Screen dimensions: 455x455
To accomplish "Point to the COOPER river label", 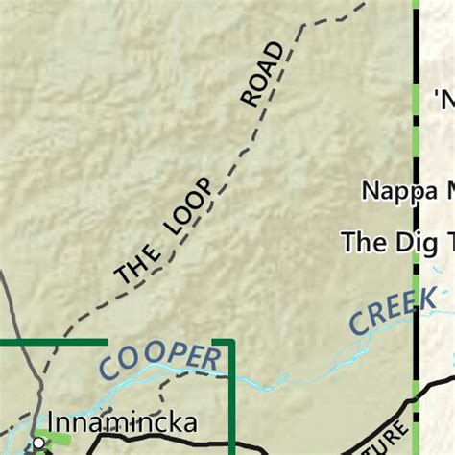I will [158, 358].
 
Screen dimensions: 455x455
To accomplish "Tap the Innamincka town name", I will [122, 423].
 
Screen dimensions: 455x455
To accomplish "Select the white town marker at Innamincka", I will [38, 443].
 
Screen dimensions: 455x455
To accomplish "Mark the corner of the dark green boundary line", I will [231, 342].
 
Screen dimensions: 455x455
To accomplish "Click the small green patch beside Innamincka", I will [58, 438].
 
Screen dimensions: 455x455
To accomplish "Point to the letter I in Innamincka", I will [51, 423].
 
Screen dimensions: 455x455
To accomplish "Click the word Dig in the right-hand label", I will [403, 241].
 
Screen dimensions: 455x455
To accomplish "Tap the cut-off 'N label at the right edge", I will [443, 98].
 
